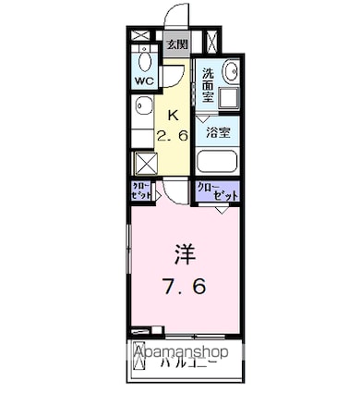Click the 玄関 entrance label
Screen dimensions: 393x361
point(177,43)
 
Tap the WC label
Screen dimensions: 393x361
point(145,81)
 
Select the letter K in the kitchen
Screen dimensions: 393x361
point(173,115)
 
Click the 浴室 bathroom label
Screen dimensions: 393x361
point(218,132)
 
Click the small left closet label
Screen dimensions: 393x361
point(141,193)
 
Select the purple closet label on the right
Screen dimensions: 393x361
point(218,193)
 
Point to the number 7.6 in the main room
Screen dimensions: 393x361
point(186,288)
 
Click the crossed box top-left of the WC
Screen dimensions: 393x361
point(141,39)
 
